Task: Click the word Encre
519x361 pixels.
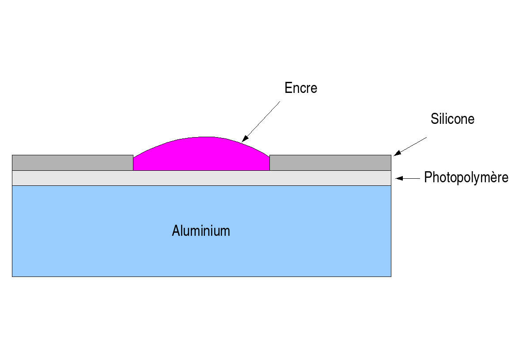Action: click(x=301, y=88)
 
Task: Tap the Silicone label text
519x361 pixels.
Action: click(x=452, y=119)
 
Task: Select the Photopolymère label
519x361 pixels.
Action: click(x=466, y=177)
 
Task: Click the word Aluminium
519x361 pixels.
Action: click(x=201, y=230)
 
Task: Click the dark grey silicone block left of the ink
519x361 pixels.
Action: click(x=72, y=163)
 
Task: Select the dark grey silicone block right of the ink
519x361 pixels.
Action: click(x=330, y=163)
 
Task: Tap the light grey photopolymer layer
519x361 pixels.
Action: click(x=201, y=178)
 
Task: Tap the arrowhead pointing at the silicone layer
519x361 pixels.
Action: click(x=396, y=153)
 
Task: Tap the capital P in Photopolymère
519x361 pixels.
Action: click(x=428, y=177)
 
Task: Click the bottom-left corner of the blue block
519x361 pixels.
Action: click(x=12, y=276)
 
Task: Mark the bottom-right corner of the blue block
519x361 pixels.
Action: click(x=390, y=276)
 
